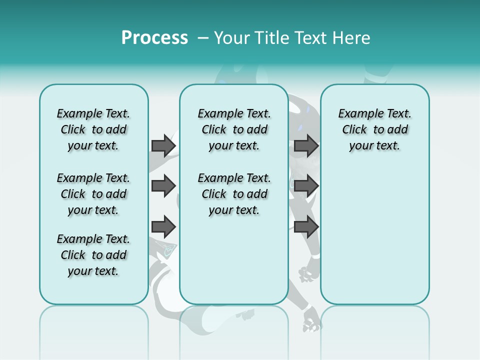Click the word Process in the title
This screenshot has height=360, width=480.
(x=154, y=37)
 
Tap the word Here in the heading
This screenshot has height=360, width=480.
(x=349, y=38)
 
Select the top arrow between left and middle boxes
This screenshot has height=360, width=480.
(x=163, y=145)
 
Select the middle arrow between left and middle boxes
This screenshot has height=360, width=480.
(x=163, y=186)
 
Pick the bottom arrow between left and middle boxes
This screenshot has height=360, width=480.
(x=163, y=226)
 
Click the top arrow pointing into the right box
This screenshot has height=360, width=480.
(x=306, y=145)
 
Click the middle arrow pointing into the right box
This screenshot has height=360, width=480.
(x=306, y=186)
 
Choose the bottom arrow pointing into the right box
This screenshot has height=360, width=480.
(x=306, y=226)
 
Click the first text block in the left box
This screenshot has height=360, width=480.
(x=93, y=129)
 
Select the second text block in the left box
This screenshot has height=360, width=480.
(x=93, y=194)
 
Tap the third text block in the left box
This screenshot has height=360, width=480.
(x=93, y=255)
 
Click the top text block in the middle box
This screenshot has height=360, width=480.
(x=234, y=129)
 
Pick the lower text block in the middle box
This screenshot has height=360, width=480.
(x=234, y=194)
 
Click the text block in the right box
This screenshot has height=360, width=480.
(x=374, y=129)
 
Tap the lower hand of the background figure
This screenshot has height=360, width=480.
(x=311, y=320)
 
